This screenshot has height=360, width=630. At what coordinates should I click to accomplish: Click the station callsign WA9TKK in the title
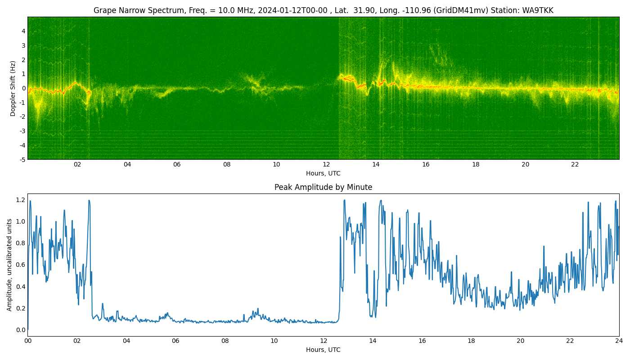tap(538, 10)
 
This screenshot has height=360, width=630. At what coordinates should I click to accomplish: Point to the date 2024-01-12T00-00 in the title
tap(292, 10)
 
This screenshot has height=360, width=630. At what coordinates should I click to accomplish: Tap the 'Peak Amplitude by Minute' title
tap(324, 187)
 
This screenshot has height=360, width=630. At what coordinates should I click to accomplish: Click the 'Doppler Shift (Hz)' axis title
tap(13, 88)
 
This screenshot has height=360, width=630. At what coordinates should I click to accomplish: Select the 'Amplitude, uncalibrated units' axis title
tap(9, 265)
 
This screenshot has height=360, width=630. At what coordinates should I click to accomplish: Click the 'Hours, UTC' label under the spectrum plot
tap(323, 173)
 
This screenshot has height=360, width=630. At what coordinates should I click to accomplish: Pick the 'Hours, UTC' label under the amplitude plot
tap(323, 350)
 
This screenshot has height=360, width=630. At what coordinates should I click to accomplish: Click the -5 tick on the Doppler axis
tap(22, 160)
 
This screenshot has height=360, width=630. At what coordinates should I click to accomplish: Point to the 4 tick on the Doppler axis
tap(23, 31)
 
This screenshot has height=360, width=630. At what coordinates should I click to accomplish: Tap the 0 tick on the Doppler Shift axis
tap(23, 88)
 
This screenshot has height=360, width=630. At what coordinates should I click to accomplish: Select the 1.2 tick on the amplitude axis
tap(21, 200)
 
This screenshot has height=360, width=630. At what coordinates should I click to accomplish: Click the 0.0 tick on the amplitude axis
tap(21, 329)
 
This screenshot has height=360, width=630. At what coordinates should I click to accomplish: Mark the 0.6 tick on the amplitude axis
tap(21, 265)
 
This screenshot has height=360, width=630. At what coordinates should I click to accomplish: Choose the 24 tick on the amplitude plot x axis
tap(619, 341)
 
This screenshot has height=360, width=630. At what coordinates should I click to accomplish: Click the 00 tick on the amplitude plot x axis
tap(28, 341)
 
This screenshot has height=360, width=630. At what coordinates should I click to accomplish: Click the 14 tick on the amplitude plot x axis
tap(373, 341)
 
